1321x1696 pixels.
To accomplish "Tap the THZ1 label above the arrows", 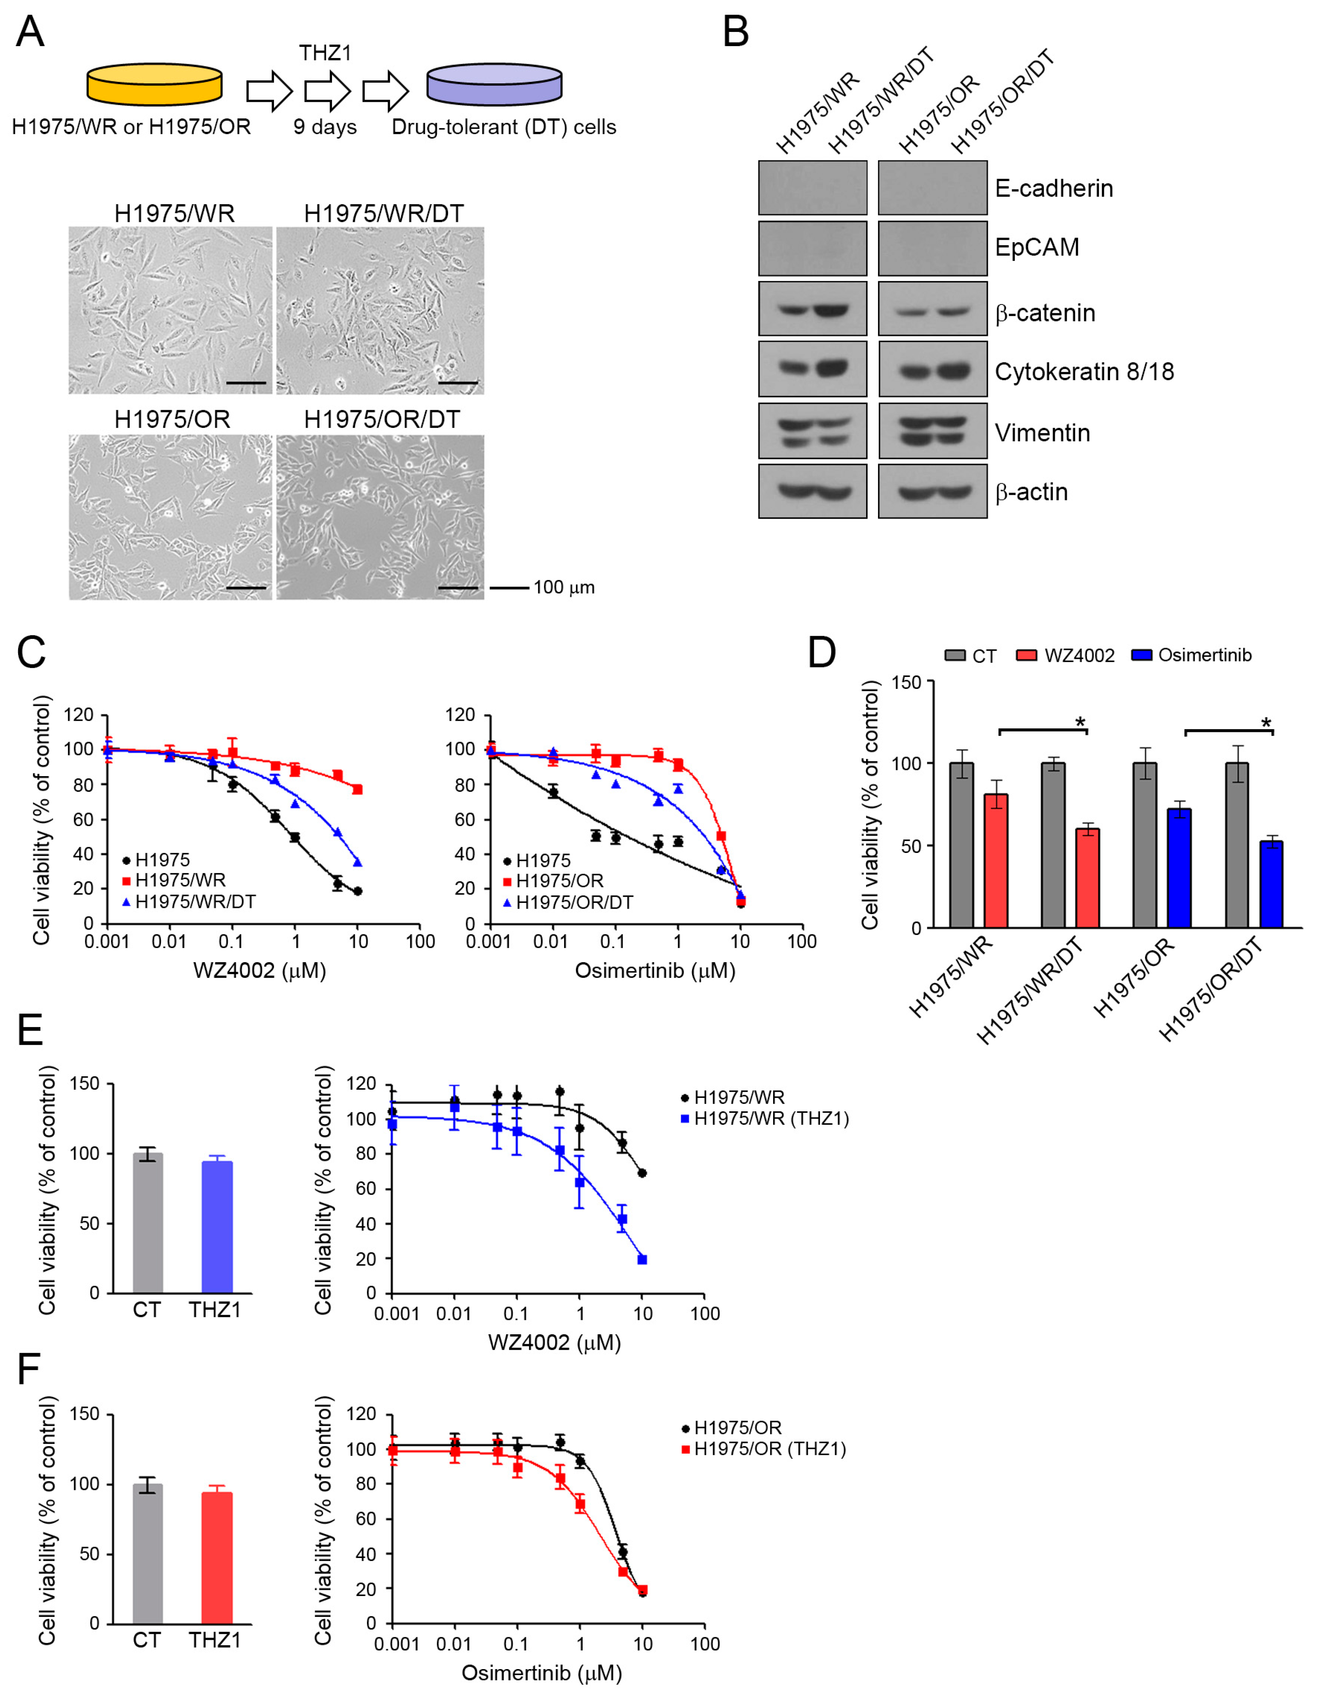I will [325, 53].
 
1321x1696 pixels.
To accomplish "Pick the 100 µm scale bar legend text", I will [564, 587].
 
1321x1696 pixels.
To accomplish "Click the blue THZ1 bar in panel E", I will [217, 1227].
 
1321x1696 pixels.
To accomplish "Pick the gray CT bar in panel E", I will [148, 1223].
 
